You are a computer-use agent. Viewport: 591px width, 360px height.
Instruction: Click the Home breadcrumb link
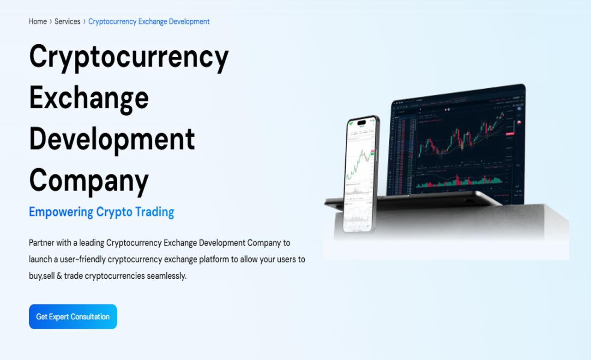point(37,22)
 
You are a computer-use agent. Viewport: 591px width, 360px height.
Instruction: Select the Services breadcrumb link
point(67,22)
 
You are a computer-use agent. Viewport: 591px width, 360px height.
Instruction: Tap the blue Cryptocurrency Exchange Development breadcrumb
point(149,22)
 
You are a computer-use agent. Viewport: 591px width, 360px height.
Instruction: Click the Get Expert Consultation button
point(73,317)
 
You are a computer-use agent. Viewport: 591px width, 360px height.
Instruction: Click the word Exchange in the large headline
point(89,97)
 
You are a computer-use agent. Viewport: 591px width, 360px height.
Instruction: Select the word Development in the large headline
point(112,138)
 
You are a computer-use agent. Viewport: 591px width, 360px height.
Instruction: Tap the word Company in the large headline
point(89,180)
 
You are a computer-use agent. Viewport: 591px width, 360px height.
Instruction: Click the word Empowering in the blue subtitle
point(61,212)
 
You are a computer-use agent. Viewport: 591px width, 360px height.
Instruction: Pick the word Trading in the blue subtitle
point(154,212)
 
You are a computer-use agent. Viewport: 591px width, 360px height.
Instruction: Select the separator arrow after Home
point(51,22)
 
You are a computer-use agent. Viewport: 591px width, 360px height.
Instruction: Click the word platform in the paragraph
point(214,259)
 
